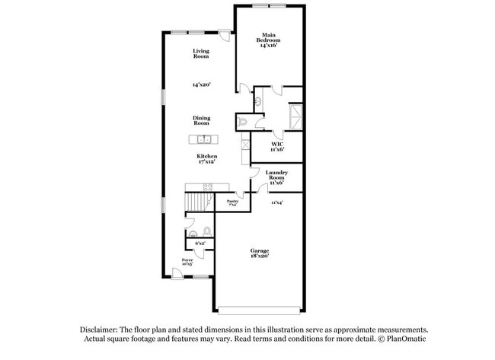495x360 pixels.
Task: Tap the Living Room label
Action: pos(201,53)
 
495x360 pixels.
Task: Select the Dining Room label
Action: pos(201,120)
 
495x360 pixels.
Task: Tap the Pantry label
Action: pos(232,202)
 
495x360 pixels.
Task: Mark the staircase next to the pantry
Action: pos(198,202)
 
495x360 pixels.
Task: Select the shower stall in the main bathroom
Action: pos(294,116)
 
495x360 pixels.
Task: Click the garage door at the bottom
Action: pos(260,310)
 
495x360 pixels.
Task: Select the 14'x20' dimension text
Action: pos(201,84)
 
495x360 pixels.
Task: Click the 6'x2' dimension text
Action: pos(200,243)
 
